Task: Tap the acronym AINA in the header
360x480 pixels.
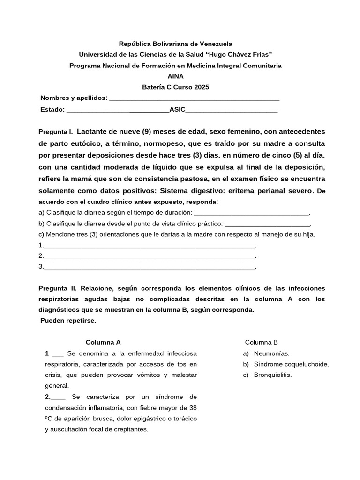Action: (x=176, y=76)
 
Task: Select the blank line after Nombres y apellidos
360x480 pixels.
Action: (x=194, y=98)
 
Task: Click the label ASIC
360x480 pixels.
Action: (x=177, y=109)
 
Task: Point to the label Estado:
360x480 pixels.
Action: (x=52, y=109)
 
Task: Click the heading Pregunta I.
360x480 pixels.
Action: (x=56, y=132)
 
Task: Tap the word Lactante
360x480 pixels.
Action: (x=92, y=131)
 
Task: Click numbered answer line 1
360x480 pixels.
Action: (x=149, y=246)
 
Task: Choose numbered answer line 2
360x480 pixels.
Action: (x=149, y=256)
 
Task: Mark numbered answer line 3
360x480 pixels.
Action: (x=149, y=267)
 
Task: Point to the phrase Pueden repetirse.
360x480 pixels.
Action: (x=68, y=321)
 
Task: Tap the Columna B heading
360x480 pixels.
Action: (x=261, y=342)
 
